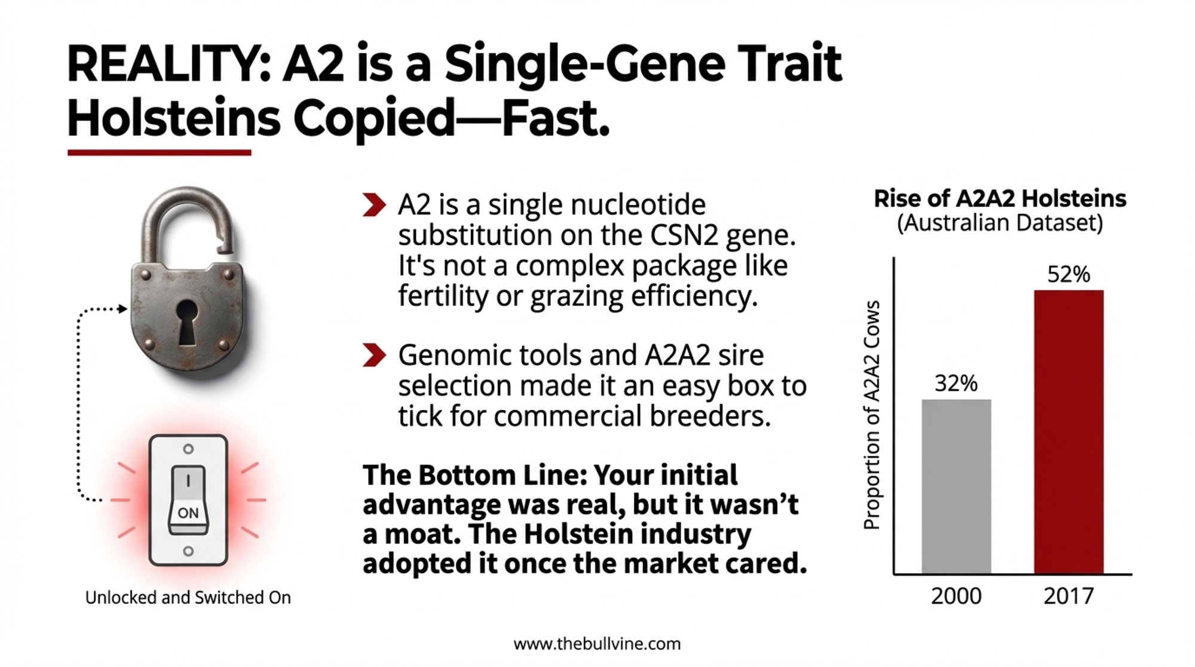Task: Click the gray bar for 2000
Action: (x=956, y=487)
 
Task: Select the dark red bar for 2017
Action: (x=1068, y=432)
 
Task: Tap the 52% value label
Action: (x=1068, y=274)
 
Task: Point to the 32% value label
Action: (x=956, y=383)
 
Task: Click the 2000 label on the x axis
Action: (x=956, y=596)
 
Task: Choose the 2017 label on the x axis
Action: (x=1068, y=596)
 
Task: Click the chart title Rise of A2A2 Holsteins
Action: (x=1000, y=198)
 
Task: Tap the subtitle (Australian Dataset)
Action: (x=1000, y=224)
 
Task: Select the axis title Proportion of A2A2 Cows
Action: (x=872, y=415)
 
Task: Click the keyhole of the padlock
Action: (x=187, y=322)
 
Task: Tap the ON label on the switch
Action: (x=188, y=513)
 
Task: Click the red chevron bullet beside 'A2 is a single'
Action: (x=374, y=204)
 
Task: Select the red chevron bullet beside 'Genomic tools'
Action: (x=374, y=355)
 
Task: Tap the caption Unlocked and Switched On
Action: (x=188, y=598)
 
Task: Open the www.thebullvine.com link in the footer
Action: (x=597, y=644)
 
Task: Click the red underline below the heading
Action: (x=159, y=153)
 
